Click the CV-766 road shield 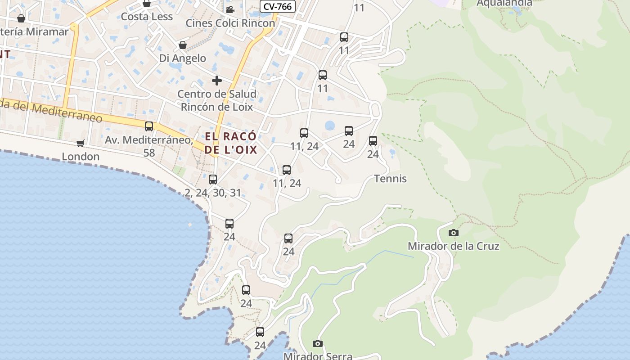[278, 6]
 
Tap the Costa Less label [147, 17]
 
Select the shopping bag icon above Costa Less [146, 4]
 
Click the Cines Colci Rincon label [230, 23]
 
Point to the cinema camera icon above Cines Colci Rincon [230, 9]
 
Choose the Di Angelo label [183, 58]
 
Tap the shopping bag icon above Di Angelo [183, 45]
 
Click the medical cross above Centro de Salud [217, 81]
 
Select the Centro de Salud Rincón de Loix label [217, 100]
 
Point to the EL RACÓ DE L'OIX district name [231, 143]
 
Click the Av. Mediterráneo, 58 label [149, 146]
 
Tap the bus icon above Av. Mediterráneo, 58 [149, 126]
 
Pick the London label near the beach [81, 156]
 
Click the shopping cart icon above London [81, 143]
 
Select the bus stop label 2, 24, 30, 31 [213, 193]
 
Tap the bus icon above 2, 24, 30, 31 [213, 180]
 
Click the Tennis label [390, 179]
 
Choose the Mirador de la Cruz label [453, 246]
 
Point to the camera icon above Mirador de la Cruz [454, 233]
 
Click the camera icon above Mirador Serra [318, 344]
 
